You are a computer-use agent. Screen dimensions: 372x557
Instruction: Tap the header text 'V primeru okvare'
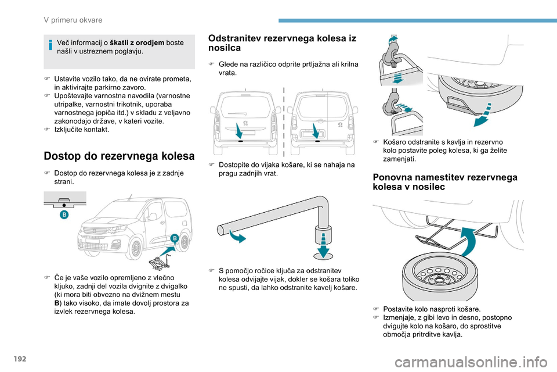(x=74, y=20)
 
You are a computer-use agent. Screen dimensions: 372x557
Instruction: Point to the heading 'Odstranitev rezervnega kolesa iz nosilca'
(x=282, y=42)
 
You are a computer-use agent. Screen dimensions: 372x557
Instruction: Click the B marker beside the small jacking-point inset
(x=64, y=215)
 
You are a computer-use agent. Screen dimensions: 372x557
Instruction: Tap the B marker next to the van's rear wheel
(x=173, y=238)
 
